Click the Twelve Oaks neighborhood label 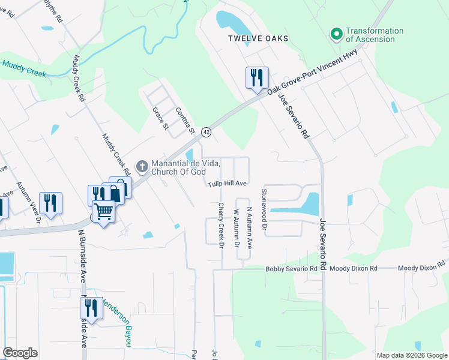(x=258, y=38)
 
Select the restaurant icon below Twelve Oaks (x=256, y=78)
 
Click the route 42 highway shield (x=206, y=131)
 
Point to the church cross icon (x=142, y=165)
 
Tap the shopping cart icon (x=104, y=212)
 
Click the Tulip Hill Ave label (x=228, y=184)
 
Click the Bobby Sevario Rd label (x=291, y=269)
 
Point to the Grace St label (x=159, y=118)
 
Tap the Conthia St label (x=185, y=121)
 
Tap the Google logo (x=20, y=353)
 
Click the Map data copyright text (x=412, y=355)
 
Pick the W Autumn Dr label (x=236, y=229)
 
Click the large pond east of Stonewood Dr (x=309, y=205)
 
